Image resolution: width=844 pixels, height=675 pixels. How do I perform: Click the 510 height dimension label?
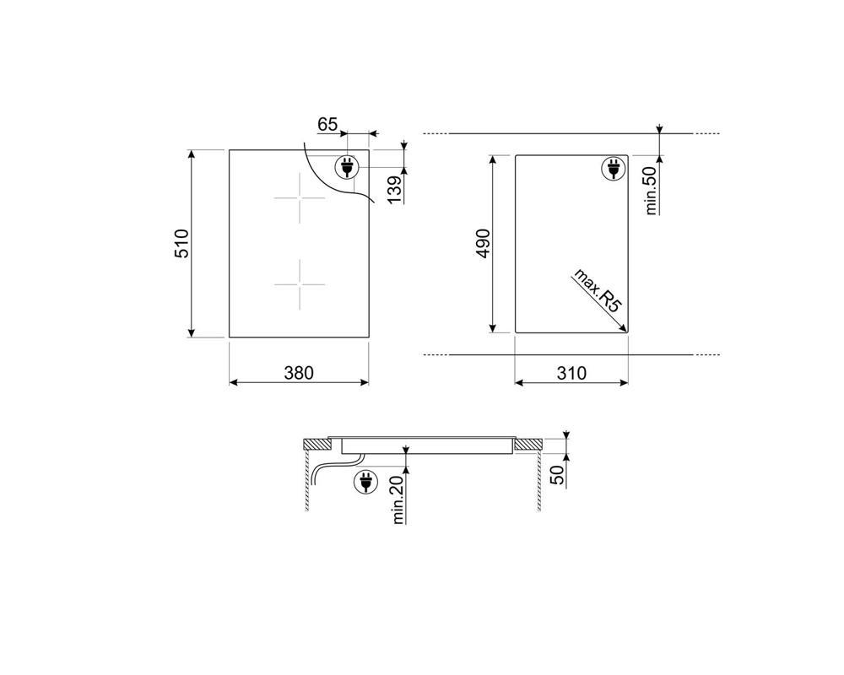tap(182, 244)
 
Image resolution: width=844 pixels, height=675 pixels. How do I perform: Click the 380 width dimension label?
tap(299, 372)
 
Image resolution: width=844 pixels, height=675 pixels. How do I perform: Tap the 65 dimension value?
tap(327, 124)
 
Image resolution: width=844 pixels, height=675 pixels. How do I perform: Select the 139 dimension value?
tap(395, 190)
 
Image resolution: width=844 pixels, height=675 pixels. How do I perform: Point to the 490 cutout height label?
tap(483, 244)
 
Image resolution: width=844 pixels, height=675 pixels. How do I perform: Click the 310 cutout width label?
tap(571, 372)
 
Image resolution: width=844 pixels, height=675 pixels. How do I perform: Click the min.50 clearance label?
tap(652, 191)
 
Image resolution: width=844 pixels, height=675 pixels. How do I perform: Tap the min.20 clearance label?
tap(398, 500)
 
